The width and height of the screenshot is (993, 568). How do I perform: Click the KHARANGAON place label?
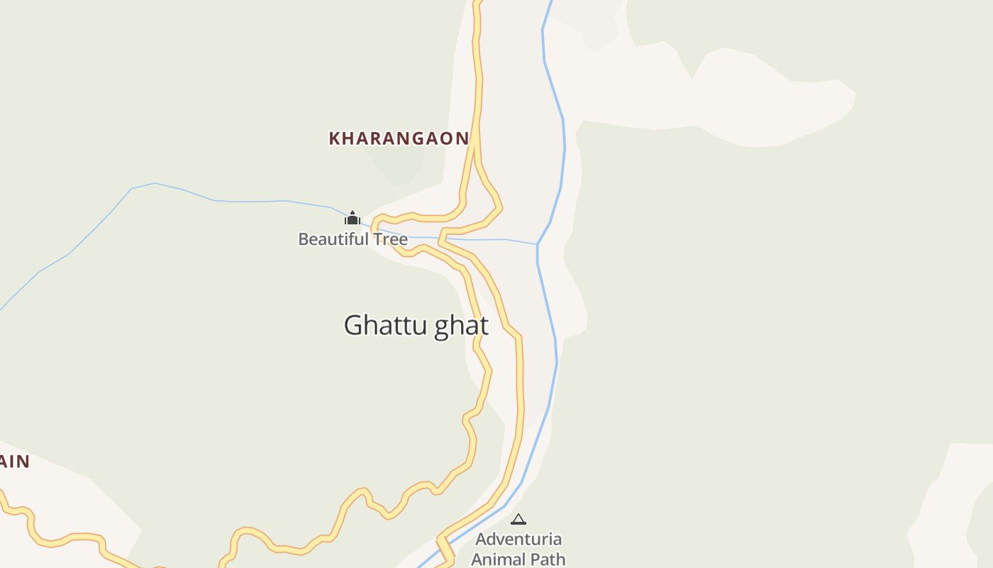pyautogui.click(x=399, y=138)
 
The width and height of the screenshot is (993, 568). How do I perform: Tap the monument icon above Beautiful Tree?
pyautogui.click(x=353, y=217)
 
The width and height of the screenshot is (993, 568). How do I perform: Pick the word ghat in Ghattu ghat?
pyautogui.click(x=461, y=326)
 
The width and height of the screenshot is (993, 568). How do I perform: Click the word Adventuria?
pyautogui.click(x=518, y=540)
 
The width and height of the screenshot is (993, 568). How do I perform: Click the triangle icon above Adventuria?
pyautogui.click(x=518, y=520)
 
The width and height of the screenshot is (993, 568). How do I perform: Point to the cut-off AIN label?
pyautogui.click(x=14, y=462)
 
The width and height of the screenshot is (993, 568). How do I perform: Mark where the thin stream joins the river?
pyautogui.click(x=538, y=244)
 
